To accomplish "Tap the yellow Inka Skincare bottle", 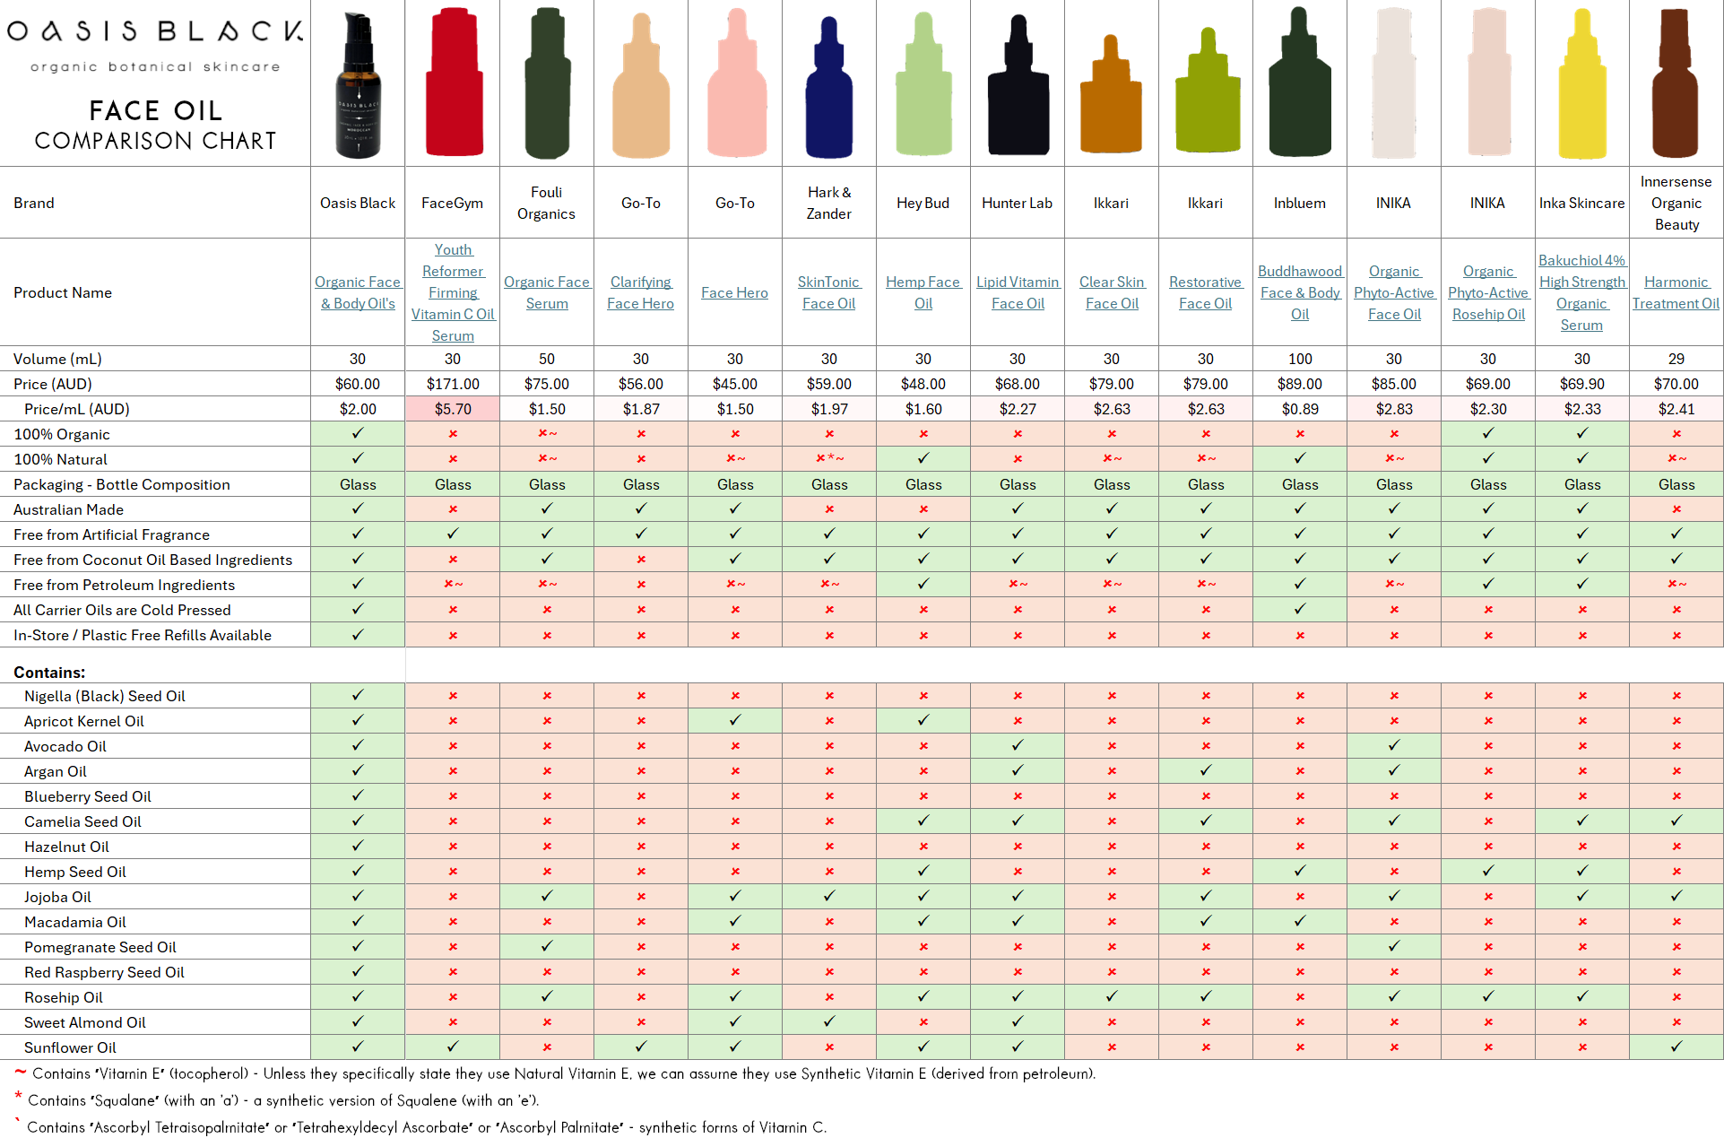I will point(1582,85).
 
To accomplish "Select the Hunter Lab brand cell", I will point(1017,203).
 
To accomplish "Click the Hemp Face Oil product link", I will point(923,292).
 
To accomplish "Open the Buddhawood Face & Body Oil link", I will point(1299,292).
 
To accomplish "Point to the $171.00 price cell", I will point(453,384).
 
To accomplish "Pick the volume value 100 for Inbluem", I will point(1299,359).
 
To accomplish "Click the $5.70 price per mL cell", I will point(453,409).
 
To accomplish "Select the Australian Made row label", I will point(68,509).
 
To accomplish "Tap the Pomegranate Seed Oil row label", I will point(100,947).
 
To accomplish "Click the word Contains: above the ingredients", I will point(49,672).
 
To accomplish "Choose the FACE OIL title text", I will point(155,110).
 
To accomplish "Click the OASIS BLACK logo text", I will point(155,31).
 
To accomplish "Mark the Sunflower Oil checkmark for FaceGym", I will point(453,1047).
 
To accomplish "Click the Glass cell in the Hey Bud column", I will point(923,484).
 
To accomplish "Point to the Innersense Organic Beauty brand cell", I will point(1676,203).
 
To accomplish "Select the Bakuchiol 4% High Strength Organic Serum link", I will point(1581,292).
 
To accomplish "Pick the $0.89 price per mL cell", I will point(1299,409).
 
